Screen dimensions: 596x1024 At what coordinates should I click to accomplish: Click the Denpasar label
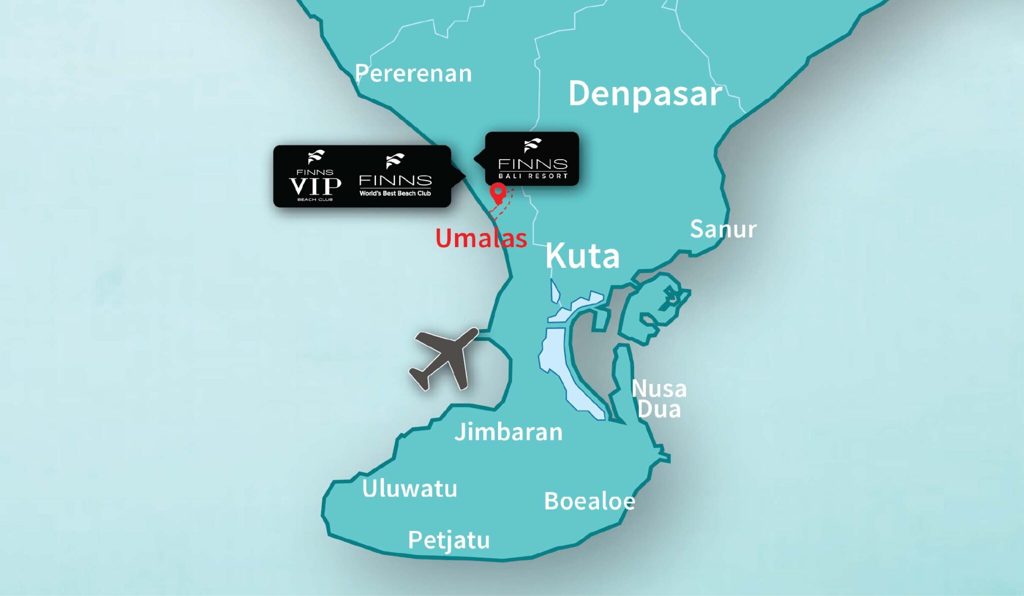[645, 94]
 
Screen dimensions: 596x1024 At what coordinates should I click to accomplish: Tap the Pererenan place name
[413, 74]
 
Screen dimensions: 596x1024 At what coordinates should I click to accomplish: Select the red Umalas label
[481, 238]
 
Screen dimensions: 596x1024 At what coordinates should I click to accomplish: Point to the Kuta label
[582, 256]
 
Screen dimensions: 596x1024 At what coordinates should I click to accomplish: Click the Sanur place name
[723, 229]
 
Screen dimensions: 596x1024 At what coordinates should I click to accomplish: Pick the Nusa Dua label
[659, 399]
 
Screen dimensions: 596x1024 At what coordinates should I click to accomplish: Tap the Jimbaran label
[508, 432]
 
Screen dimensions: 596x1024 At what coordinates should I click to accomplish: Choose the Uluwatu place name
[409, 489]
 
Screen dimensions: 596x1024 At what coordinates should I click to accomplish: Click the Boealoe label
[589, 501]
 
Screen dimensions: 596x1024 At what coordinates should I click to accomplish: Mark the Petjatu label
[448, 540]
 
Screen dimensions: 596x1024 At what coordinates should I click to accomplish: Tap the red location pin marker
[497, 192]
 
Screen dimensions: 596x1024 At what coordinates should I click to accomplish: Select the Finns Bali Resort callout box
[531, 159]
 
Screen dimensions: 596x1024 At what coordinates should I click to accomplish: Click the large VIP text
[315, 186]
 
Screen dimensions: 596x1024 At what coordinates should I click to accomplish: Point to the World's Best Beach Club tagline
[395, 193]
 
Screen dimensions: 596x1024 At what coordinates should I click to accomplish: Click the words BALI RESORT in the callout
[533, 176]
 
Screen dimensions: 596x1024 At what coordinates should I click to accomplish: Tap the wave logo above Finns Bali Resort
[532, 145]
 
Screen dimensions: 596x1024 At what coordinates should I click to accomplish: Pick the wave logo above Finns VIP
[316, 157]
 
